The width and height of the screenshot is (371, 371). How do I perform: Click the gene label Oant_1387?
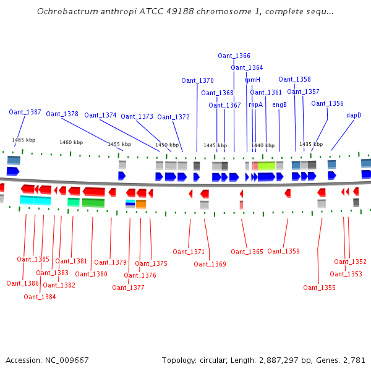[x=25, y=112]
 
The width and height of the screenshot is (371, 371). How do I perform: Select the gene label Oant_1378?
[x=62, y=114]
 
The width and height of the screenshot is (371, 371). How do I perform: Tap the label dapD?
[x=354, y=115]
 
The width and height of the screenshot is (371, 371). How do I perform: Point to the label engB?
[x=279, y=104]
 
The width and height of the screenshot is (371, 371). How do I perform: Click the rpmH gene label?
[x=252, y=80]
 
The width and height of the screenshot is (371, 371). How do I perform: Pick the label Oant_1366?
[x=234, y=56]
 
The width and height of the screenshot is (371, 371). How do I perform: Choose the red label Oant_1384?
[x=40, y=297]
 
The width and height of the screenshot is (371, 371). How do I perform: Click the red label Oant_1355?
[x=319, y=288]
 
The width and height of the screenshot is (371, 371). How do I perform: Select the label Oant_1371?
[x=189, y=252]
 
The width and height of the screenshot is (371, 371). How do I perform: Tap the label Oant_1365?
[x=247, y=252]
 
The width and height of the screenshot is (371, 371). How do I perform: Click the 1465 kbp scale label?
[x=22, y=140]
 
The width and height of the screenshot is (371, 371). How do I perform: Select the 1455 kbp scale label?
[x=119, y=144]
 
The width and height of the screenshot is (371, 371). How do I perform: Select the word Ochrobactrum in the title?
[x=64, y=11]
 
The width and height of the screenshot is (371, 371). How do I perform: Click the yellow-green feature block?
[x=267, y=166]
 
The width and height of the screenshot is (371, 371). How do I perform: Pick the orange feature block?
[x=141, y=204]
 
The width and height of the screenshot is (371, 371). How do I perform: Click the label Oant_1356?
[x=327, y=103]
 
